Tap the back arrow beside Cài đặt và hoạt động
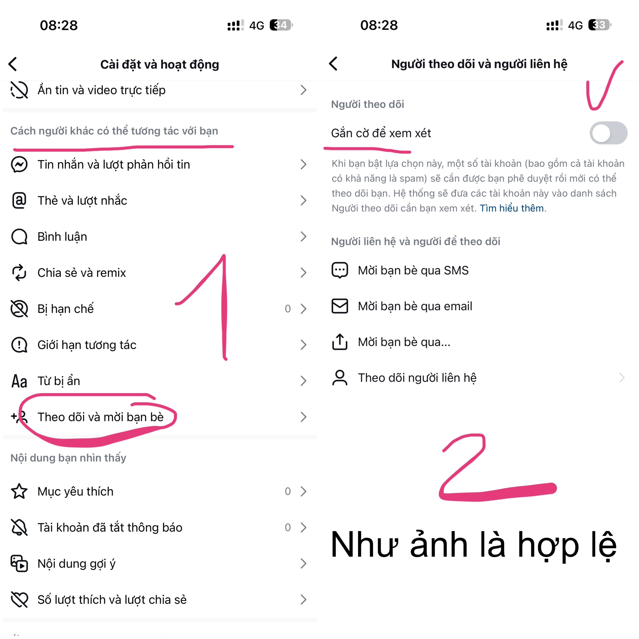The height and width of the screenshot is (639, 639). (12, 64)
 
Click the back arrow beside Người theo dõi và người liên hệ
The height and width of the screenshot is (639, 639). (333, 63)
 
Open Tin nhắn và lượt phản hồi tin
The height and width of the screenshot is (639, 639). (114, 164)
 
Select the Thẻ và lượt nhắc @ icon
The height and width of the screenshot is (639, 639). (19, 200)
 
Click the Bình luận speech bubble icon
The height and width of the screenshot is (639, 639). (19, 236)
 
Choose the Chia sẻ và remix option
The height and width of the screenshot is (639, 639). (82, 273)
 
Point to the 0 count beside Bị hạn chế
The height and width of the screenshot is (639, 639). (288, 309)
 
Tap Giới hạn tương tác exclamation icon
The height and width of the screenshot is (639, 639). (19, 345)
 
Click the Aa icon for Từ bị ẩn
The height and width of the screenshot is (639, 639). (19, 381)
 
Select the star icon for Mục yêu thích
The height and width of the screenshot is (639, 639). (19, 491)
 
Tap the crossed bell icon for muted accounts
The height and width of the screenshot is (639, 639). (19, 527)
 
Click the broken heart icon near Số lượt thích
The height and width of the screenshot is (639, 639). (19, 599)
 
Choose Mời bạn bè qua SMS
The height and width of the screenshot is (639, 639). (413, 270)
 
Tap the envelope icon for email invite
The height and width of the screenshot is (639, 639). (340, 306)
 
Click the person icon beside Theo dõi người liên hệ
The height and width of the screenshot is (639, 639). (340, 378)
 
